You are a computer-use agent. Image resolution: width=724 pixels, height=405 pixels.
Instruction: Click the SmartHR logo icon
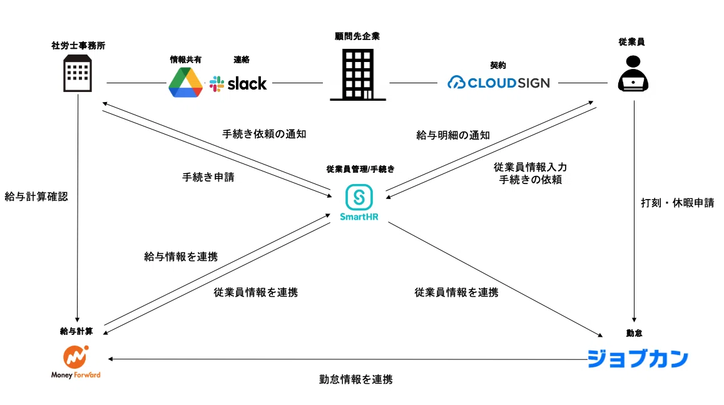(x=359, y=198)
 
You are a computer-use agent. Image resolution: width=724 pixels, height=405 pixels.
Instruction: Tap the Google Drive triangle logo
(x=186, y=83)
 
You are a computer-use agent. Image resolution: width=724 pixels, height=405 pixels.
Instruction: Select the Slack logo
(x=238, y=84)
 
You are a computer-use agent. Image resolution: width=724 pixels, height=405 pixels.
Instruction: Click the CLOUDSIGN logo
(x=499, y=83)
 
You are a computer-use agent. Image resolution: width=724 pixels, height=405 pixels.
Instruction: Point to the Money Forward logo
(x=76, y=362)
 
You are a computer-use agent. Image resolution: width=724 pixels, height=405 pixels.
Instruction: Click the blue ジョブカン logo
(x=638, y=359)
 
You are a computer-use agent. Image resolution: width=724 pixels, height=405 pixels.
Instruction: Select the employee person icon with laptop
(x=633, y=73)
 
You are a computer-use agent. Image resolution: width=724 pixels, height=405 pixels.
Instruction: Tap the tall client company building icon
(x=358, y=75)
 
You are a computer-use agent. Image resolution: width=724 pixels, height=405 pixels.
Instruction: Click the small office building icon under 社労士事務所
(x=77, y=73)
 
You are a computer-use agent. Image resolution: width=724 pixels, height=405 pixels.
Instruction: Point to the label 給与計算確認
(x=36, y=197)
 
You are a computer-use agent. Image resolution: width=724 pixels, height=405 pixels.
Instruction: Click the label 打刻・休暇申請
(x=677, y=203)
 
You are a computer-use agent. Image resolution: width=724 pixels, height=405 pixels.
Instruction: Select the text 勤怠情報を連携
(x=356, y=379)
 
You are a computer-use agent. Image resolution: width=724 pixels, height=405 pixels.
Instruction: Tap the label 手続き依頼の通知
(x=264, y=134)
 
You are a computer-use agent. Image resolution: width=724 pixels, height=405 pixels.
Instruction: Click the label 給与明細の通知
(x=453, y=135)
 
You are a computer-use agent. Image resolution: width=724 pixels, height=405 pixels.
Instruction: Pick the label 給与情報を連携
(x=181, y=257)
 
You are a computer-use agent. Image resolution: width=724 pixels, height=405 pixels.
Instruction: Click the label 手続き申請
(x=208, y=177)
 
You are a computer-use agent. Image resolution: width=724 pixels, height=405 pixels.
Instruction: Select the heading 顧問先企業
(x=357, y=36)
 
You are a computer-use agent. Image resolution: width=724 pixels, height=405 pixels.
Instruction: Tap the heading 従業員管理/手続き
(x=360, y=169)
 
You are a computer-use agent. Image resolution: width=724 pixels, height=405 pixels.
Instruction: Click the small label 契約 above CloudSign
(x=498, y=65)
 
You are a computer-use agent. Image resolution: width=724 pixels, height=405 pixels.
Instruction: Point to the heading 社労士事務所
(x=78, y=45)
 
